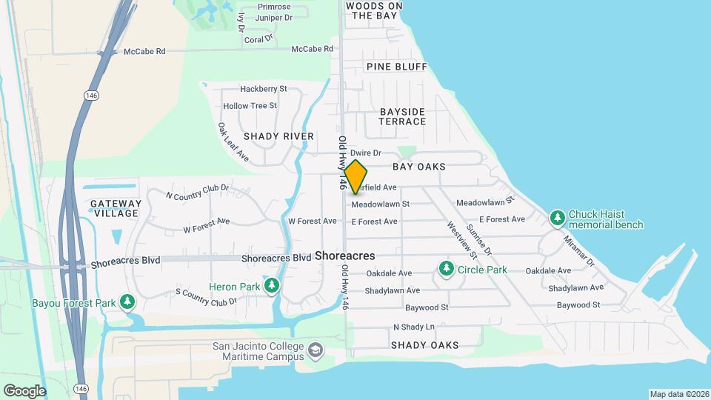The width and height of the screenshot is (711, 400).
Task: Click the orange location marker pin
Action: click(x=355, y=176)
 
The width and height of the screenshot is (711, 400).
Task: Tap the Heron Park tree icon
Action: click(x=273, y=284)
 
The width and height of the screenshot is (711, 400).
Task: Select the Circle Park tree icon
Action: click(x=446, y=267)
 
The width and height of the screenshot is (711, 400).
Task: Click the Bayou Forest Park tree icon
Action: click(x=129, y=301)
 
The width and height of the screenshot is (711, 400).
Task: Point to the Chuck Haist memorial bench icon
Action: click(x=558, y=218)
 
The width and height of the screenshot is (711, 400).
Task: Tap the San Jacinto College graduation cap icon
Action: click(x=316, y=349)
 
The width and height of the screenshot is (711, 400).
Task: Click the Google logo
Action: click(x=24, y=390)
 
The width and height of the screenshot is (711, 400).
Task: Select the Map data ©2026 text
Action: click(x=678, y=393)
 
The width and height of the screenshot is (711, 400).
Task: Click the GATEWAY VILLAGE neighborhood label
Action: click(x=115, y=208)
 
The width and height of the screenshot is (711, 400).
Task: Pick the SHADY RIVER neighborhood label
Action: click(x=278, y=136)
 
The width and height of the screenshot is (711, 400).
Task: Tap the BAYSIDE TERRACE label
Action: click(x=403, y=116)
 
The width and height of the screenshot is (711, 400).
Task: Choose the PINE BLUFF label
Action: click(x=396, y=67)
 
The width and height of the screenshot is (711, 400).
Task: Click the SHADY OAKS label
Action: click(x=424, y=345)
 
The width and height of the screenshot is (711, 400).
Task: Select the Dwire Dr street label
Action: click(x=365, y=153)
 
